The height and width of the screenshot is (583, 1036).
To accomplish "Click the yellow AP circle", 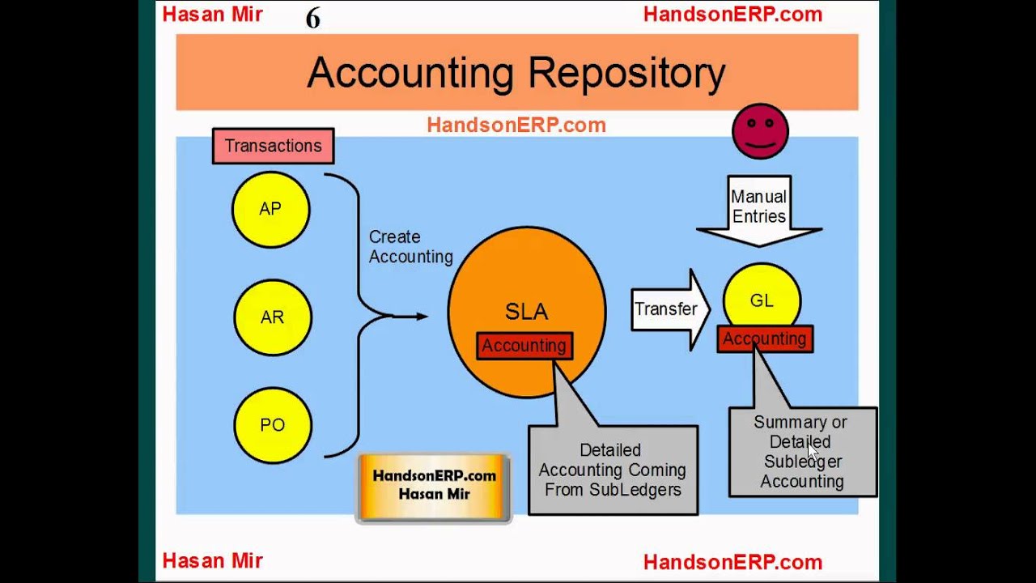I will click(x=270, y=209).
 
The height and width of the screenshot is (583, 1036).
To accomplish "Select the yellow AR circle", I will click(x=272, y=317).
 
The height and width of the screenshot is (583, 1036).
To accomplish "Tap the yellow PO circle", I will click(x=272, y=425).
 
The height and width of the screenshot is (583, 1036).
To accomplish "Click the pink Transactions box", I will click(x=273, y=146).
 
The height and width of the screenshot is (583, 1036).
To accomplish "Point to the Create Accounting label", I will click(x=410, y=247).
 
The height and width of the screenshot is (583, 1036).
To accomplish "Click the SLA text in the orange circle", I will click(x=526, y=312).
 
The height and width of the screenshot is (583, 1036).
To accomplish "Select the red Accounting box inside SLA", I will click(x=524, y=346).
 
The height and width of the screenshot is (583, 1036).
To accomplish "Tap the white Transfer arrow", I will click(x=669, y=309).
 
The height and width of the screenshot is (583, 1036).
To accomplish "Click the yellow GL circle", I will click(x=762, y=298).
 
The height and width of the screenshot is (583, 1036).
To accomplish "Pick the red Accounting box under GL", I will click(x=764, y=339).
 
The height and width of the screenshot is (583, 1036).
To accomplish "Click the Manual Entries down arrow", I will click(x=758, y=209).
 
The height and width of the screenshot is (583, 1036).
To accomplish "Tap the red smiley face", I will click(x=760, y=131).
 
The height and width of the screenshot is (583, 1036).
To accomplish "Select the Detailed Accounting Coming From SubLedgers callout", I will click(x=612, y=470).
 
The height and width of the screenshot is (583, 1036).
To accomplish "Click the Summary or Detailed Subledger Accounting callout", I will click(x=802, y=452).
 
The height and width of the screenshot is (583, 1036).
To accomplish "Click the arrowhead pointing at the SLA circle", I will click(x=422, y=316).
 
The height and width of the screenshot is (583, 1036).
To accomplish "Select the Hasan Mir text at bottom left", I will click(x=212, y=561).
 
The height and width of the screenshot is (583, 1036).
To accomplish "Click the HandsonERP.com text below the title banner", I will click(x=516, y=125).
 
